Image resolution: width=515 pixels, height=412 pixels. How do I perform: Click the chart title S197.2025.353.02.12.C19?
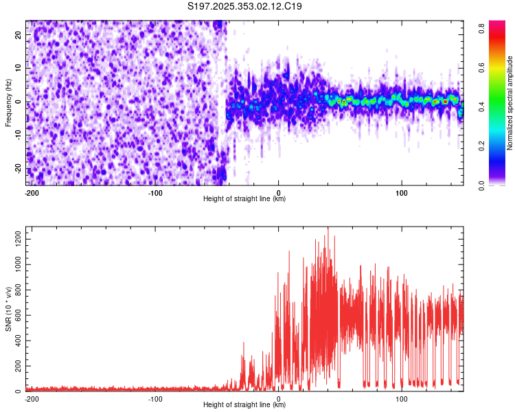(x=245, y=7)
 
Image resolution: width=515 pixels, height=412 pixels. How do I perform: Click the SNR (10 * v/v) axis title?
(x=8, y=309)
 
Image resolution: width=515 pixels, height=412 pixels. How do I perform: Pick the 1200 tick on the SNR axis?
(x=15, y=235)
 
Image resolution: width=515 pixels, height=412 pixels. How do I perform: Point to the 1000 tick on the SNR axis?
(x=15, y=264)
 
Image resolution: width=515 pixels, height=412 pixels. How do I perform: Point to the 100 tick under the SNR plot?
(x=401, y=398)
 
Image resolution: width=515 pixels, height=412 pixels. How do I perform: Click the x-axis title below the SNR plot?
(x=244, y=405)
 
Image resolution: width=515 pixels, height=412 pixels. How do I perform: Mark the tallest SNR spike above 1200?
(x=328, y=228)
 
